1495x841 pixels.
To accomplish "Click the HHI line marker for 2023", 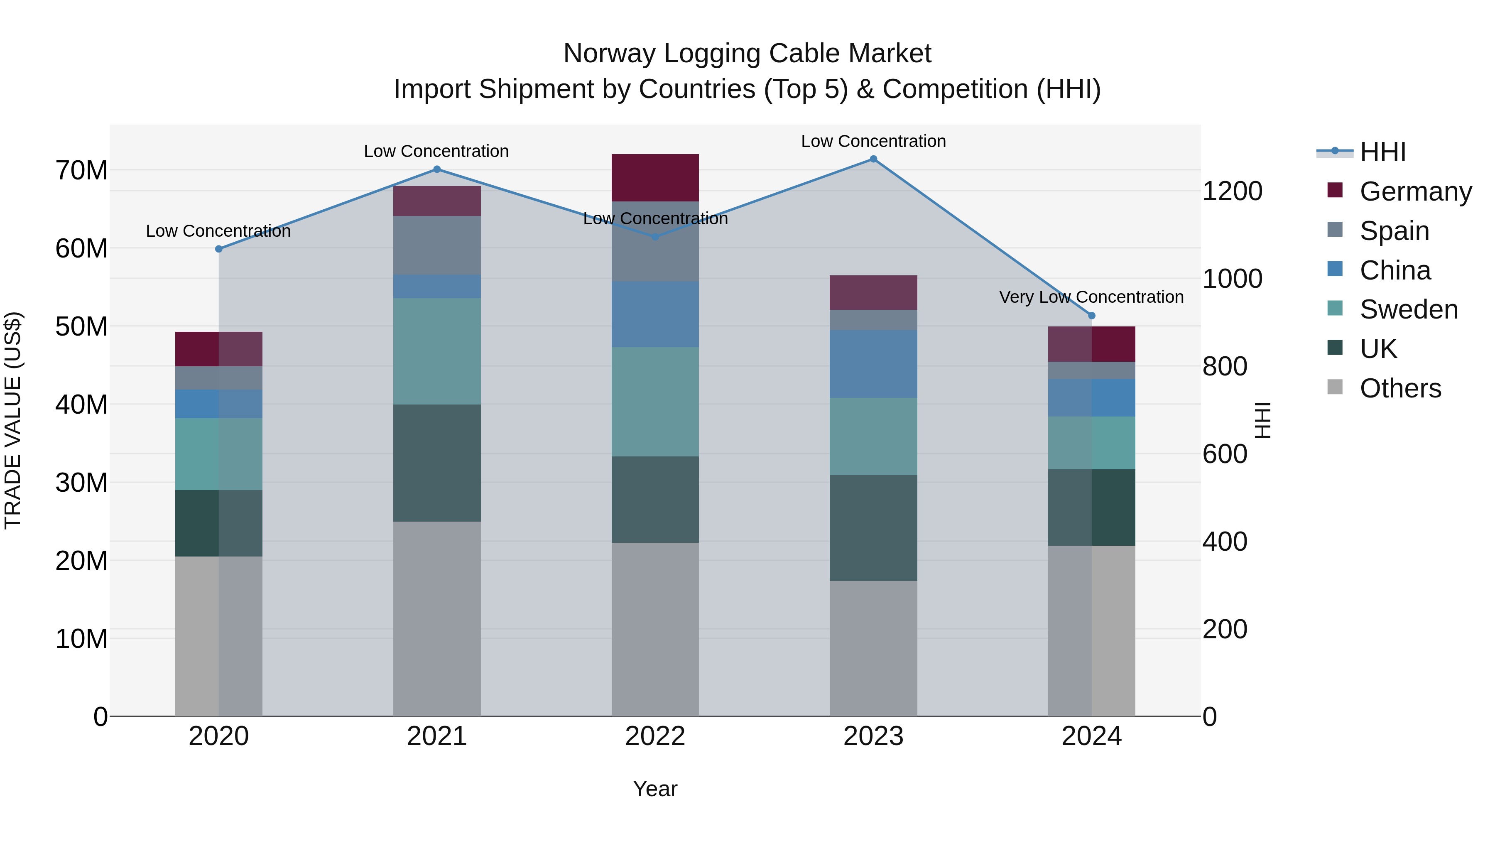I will (873, 159).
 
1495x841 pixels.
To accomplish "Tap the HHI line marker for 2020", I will (219, 249).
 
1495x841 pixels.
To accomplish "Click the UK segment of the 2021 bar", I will (436, 463).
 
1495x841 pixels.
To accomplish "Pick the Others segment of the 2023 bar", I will (873, 648).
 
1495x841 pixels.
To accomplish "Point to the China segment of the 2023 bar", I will (873, 364).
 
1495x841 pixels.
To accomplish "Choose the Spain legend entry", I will (1394, 231).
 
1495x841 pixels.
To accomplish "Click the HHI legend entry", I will (1382, 152).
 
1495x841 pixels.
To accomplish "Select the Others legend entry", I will (1400, 388).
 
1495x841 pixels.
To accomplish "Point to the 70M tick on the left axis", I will (81, 171).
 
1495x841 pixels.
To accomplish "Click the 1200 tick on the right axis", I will (1232, 191).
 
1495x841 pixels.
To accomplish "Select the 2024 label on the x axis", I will (1091, 736).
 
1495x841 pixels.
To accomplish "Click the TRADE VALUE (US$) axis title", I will (13, 420).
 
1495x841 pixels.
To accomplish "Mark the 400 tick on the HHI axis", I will (1225, 542).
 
